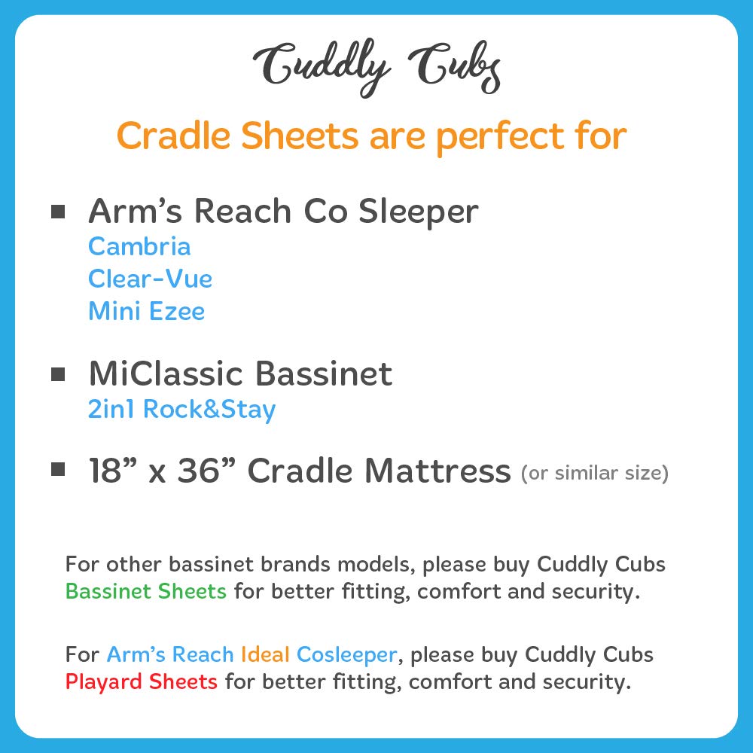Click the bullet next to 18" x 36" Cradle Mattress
(x=58, y=470)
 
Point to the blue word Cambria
(x=139, y=246)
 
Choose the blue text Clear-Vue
(x=150, y=279)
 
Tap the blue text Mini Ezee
(x=146, y=311)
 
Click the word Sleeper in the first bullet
(x=418, y=212)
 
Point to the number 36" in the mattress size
(x=208, y=471)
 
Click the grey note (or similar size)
(x=594, y=474)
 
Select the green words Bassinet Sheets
(x=146, y=591)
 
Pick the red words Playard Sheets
(x=142, y=682)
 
